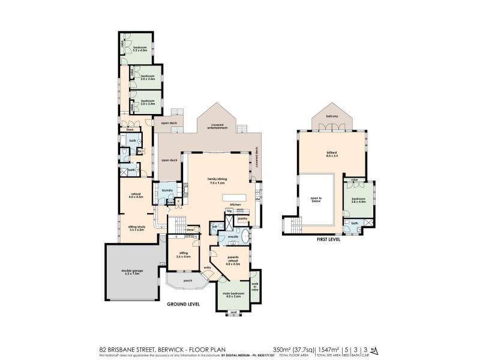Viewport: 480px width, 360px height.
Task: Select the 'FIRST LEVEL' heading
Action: click(x=328, y=239)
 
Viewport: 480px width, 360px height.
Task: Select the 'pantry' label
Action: click(x=242, y=219)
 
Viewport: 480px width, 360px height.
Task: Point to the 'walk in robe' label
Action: click(x=254, y=287)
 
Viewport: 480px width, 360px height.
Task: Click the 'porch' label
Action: click(x=188, y=280)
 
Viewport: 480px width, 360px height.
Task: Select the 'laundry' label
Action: click(x=167, y=191)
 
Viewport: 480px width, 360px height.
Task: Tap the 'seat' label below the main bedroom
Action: click(x=233, y=313)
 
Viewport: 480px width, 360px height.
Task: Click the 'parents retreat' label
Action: click(x=233, y=260)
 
